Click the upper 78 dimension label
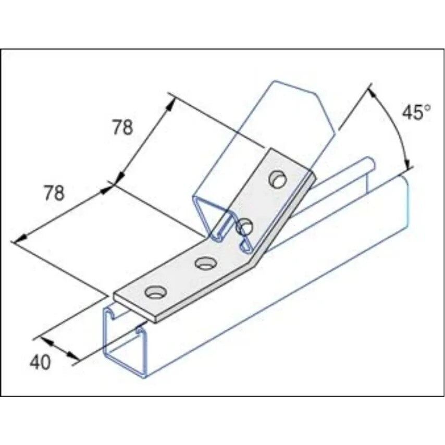pyautogui.click(x=123, y=128)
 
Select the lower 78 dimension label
pyautogui.click(x=53, y=193)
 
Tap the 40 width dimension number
pyautogui.click(x=40, y=362)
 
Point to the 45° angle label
pyautogui.click(x=416, y=113)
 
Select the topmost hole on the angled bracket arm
pyautogui.click(x=278, y=179)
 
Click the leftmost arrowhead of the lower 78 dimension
pyautogui.click(x=18, y=240)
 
